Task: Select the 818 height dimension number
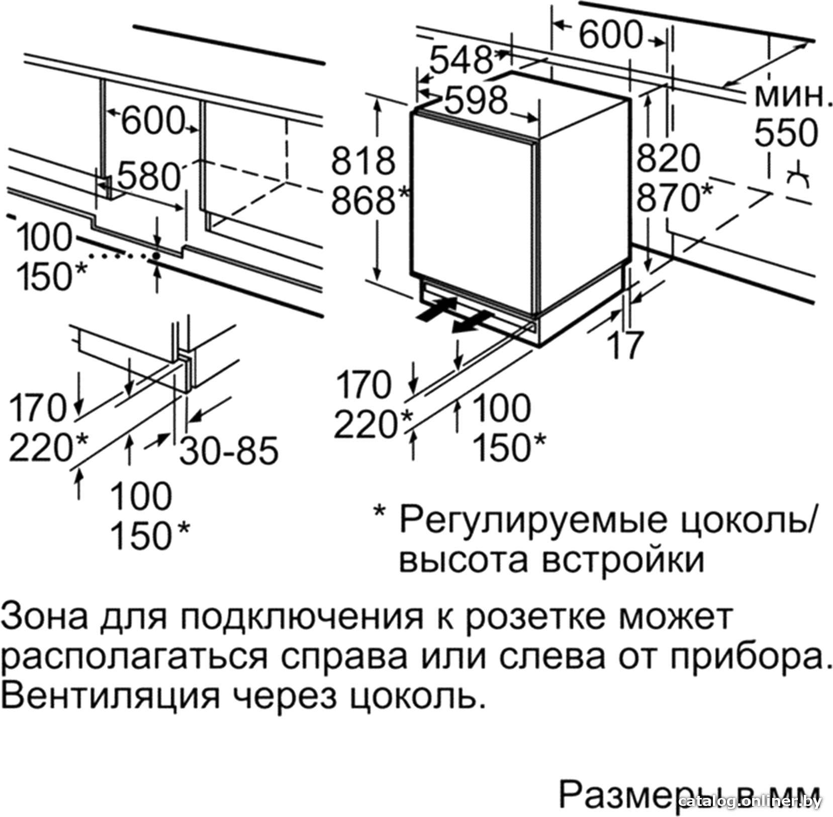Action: [x=363, y=161]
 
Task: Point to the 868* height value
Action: [x=371, y=200]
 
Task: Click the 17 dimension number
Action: [x=625, y=345]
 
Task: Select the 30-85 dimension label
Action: [x=229, y=450]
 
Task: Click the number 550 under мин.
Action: [x=786, y=133]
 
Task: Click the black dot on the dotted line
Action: [x=156, y=256]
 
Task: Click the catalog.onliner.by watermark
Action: [x=750, y=800]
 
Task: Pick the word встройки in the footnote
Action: [x=623, y=560]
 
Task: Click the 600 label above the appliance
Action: [x=611, y=35]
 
